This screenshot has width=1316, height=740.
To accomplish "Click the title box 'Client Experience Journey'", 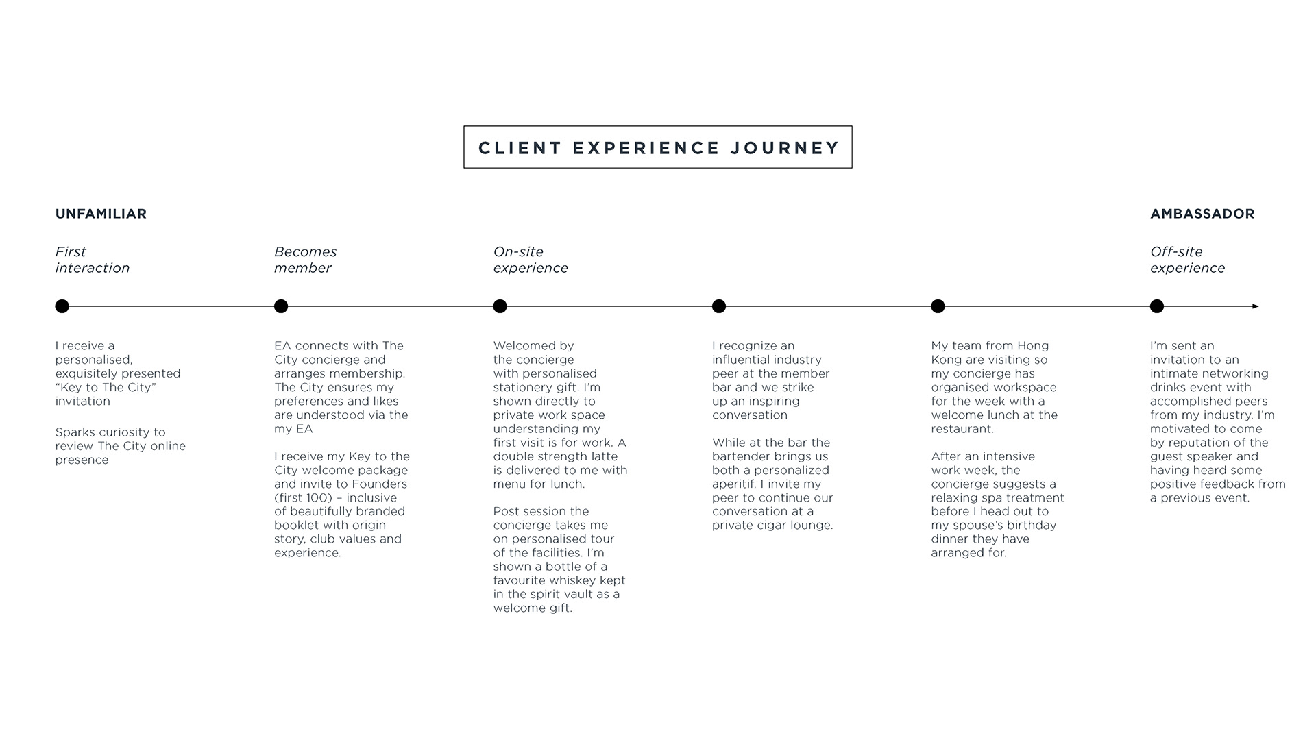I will [x=658, y=147].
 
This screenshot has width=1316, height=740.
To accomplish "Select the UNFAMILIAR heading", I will [x=101, y=214].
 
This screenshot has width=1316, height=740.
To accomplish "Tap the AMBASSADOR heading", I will [x=1202, y=214].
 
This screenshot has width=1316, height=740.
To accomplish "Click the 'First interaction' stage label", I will [x=92, y=260].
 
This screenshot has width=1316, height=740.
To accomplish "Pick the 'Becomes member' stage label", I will [x=305, y=260].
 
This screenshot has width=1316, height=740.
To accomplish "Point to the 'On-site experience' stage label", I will [x=530, y=260].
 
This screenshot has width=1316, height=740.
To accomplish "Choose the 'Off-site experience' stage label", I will [x=1187, y=260].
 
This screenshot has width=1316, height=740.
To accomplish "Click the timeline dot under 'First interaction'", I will [x=62, y=306].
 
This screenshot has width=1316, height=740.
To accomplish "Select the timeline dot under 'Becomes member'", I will [x=281, y=306].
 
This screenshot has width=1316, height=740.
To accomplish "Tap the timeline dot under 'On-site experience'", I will [x=500, y=306].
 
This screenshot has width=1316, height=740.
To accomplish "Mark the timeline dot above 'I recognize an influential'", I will [x=719, y=306].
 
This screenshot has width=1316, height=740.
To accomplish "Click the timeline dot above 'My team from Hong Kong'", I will [x=938, y=306].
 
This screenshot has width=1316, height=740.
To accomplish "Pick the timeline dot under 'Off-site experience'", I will [x=1157, y=306].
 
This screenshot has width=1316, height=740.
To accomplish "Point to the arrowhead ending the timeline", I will [x=1256, y=306].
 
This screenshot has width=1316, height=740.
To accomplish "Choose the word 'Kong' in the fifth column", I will [x=947, y=360].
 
